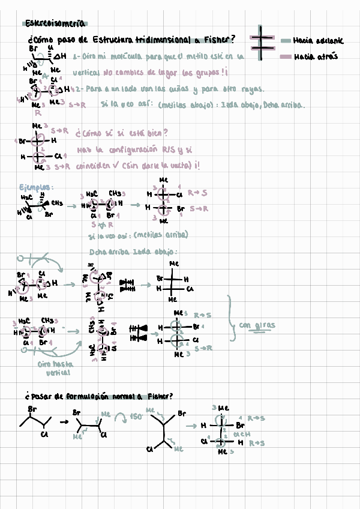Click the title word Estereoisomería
[56, 24]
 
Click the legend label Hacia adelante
[318, 41]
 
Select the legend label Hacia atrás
[316, 56]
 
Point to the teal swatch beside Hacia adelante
[286, 41]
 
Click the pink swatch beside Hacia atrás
[286, 56]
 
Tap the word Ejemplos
[36, 188]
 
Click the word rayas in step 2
[251, 89]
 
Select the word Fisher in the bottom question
[160, 396]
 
